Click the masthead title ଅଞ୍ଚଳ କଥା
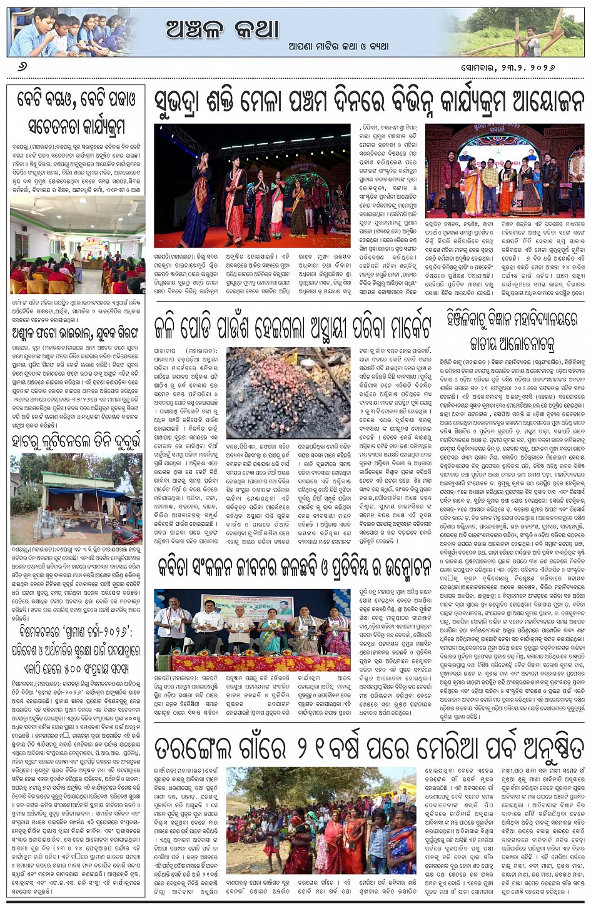click(222, 29)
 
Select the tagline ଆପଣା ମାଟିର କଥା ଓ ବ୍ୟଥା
click(338, 46)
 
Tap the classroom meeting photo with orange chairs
click(78, 245)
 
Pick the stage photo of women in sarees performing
click(253, 186)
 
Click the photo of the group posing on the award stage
click(505, 170)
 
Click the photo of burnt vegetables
click(288, 393)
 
